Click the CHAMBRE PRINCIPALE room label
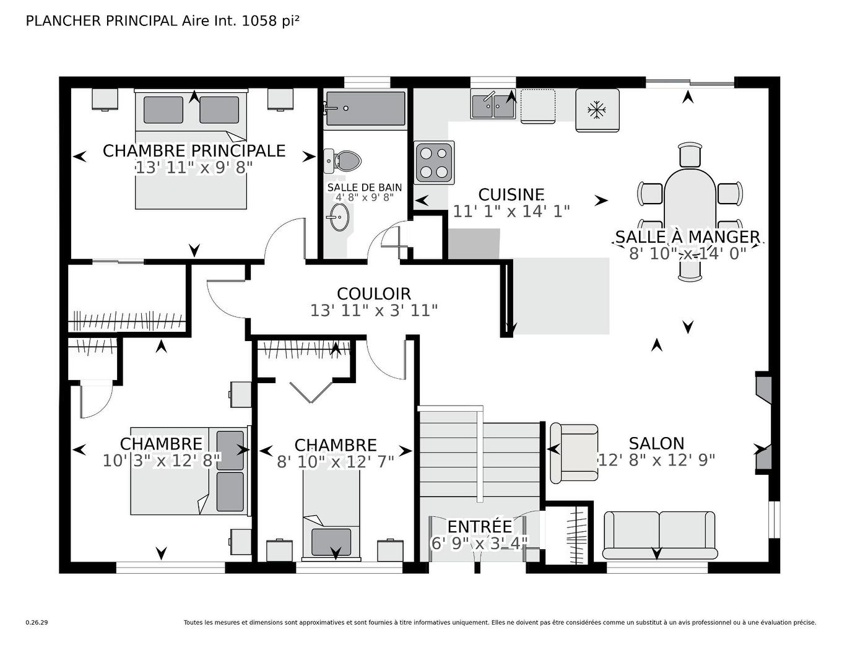coord(194,150)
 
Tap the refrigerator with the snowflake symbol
coord(597,110)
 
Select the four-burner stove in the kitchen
coord(434,162)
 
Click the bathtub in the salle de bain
coord(365,109)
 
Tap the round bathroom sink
coord(339,217)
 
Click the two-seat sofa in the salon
coord(659,535)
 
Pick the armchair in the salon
coord(574,453)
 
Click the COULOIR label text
coord(373,293)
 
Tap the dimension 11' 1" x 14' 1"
coord(511,212)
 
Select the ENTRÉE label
coord(480,526)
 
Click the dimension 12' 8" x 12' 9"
coord(656,460)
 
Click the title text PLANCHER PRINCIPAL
coord(102,20)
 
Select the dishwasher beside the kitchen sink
coord(537,106)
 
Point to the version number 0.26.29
coord(37,622)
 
